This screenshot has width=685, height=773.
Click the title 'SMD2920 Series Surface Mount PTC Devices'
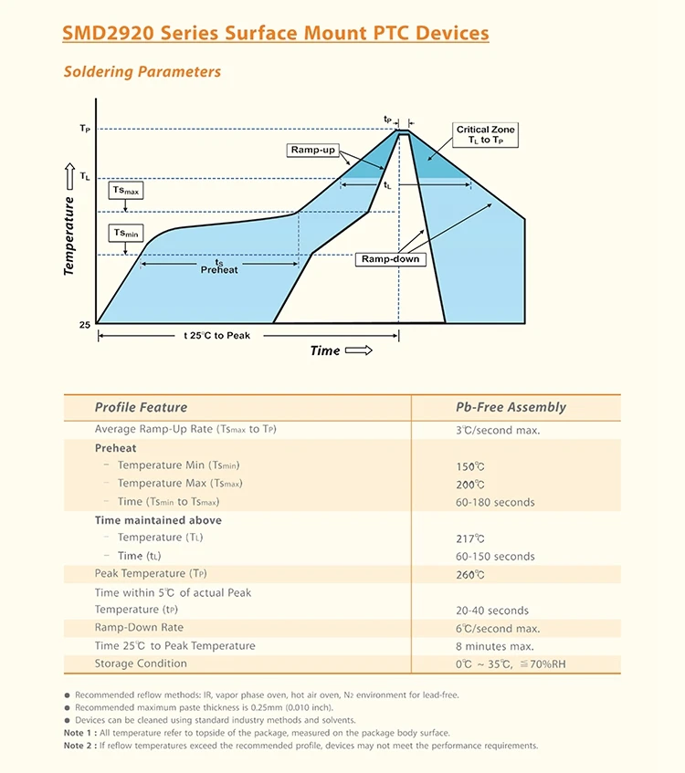[275, 34]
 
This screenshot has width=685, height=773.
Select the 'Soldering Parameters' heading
[142, 71]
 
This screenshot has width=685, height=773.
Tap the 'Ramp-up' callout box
[312, 150]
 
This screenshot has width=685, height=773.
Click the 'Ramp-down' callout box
[390, 259]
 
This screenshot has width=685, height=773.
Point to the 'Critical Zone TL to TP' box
[485, 134]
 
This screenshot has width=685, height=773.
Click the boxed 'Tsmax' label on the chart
[126, 191]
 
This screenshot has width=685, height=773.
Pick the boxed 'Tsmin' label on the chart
[126, 234]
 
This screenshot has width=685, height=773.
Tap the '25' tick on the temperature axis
[85, 324]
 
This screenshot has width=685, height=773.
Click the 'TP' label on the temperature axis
[85, 130]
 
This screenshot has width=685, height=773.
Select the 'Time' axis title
[325, 350]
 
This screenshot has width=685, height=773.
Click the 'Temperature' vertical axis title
[69, 235]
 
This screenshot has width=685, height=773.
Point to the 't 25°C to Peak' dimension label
[216, 336]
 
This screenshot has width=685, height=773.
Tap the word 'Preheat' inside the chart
[219, 270]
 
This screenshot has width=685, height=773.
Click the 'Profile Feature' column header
[141, 407]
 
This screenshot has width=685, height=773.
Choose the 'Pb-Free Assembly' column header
[511, 407]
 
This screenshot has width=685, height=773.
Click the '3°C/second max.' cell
[498, 430]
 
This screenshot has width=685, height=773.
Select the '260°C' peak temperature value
[470, 574]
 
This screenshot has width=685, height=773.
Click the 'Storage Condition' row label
[141, 663]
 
